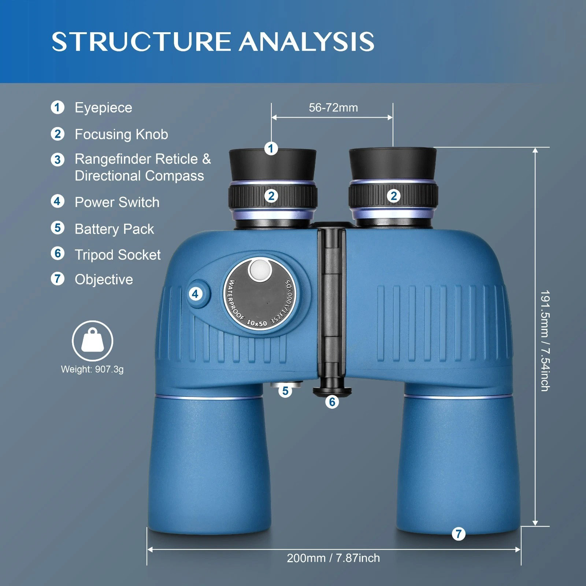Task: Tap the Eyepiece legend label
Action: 103,108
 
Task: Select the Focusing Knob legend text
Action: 121,134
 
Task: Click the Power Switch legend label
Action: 117,202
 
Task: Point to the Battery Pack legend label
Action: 114,229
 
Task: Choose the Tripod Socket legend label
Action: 118,255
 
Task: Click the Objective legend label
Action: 104,279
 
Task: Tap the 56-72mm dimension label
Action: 333,108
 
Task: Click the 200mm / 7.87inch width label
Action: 333,558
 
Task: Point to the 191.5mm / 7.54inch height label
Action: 545,341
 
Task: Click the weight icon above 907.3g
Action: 92,341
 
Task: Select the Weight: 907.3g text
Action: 92,369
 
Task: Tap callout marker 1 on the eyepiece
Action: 271,148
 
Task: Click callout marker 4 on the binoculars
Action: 195,293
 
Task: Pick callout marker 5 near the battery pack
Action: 285,391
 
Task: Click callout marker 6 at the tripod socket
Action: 332,402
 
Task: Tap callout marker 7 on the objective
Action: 459,534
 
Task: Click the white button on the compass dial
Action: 259,270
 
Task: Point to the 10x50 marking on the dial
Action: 257,323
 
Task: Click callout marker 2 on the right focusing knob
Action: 394,196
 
